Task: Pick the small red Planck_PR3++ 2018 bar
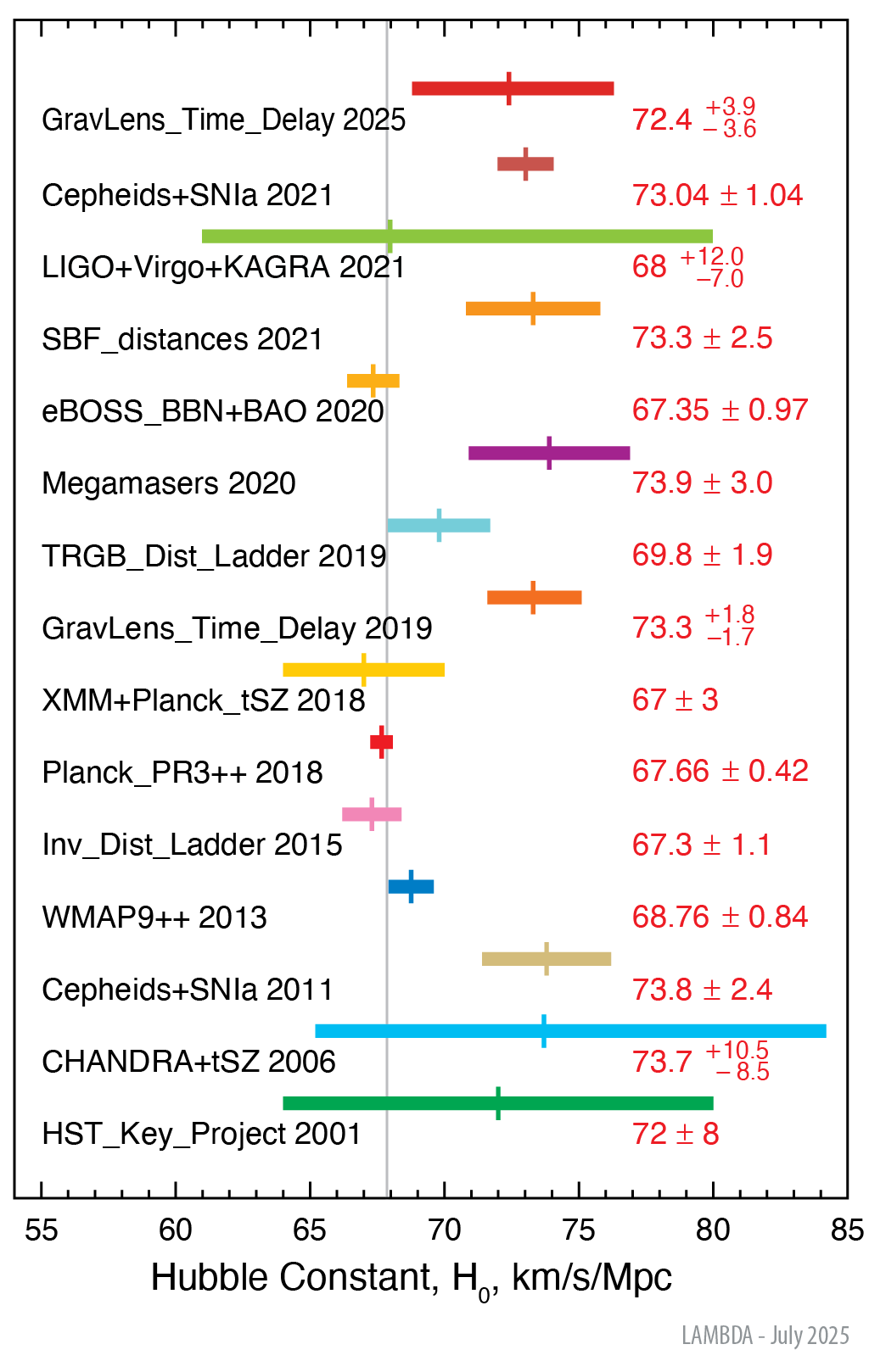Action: click(382, 743)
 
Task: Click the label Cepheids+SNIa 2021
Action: click(187, 195)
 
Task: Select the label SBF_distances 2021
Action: click(182, 339)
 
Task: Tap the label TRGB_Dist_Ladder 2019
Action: click(214, 556)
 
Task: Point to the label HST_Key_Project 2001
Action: click(201, 1134)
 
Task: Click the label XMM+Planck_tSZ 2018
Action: click(204, 700)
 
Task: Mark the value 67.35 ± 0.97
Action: click(720, 410)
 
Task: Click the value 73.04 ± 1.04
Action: click(717, 195)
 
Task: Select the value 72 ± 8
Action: click(676, 1134)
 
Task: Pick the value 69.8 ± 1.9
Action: click(702, 555)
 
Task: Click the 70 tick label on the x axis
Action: click(444, 1230)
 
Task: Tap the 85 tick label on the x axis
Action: click(846, 1230)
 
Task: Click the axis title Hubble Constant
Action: click(411, 1278)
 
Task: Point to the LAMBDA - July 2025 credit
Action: click(765, 1336)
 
